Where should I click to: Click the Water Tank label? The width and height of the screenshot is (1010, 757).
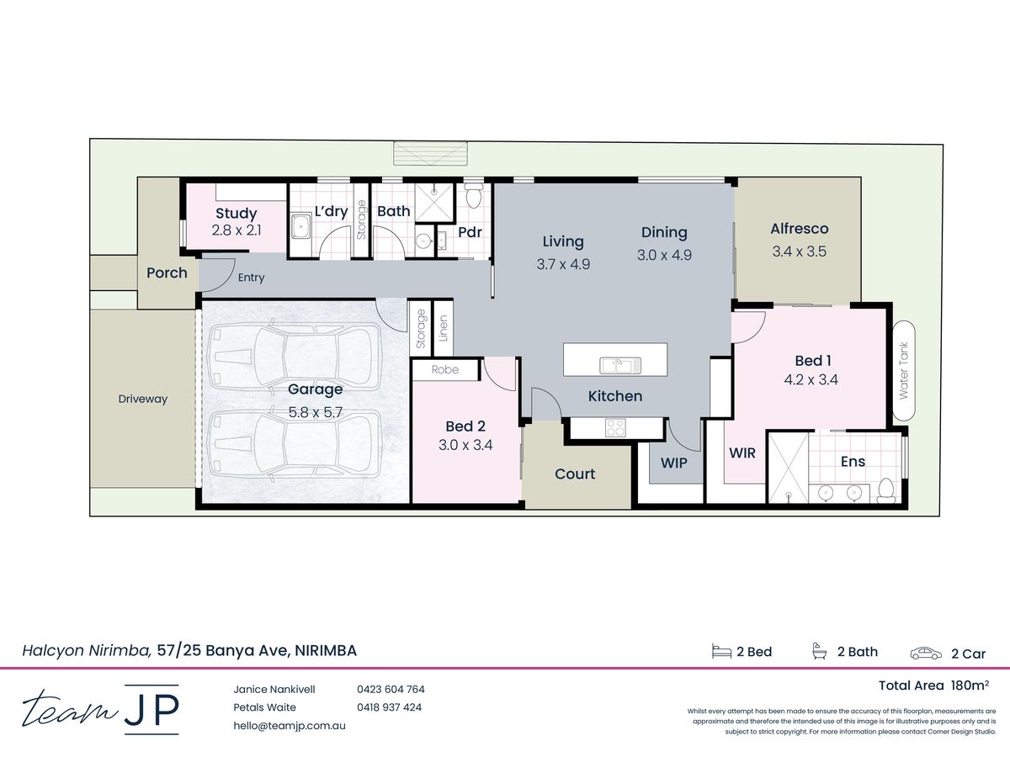(x=904, y=370)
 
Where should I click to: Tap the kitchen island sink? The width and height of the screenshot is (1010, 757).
(x=620, y=365)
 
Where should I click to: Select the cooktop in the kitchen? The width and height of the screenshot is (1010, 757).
(x=615, y=427)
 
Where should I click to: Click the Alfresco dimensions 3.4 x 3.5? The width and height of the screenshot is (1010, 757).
(x=800, y=251)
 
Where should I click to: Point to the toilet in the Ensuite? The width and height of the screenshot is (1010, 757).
(x=885, y=490)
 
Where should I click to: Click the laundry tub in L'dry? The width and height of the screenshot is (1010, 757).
(x=301, y=226)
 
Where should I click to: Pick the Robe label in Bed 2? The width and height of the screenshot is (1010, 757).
(x=445, y=369)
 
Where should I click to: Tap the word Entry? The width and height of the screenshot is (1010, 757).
(x=251, y=278)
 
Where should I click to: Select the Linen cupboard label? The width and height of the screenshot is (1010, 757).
(x=443, y=328)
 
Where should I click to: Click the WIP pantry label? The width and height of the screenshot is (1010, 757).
(x=673, y=463)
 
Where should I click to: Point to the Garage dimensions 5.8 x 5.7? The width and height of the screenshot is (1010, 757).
(x=316, y=412)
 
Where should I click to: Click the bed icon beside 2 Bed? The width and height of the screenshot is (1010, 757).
(x=721, y=651)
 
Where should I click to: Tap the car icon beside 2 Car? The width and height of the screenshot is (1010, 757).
(x=926, y=654)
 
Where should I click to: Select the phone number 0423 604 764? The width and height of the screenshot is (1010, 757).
(x=391, y=689)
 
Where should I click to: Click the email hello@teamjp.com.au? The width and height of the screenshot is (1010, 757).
(x=290, y=726)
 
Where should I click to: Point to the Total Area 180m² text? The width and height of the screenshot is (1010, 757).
(x=933, y=686)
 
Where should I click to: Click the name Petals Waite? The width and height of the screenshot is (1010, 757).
(x=264, y=707)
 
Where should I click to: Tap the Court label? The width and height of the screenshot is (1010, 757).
(x=575, y=474)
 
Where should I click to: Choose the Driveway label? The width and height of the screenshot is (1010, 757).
(x=142, y=399)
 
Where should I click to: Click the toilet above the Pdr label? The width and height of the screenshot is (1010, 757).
(x=472, y=195)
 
